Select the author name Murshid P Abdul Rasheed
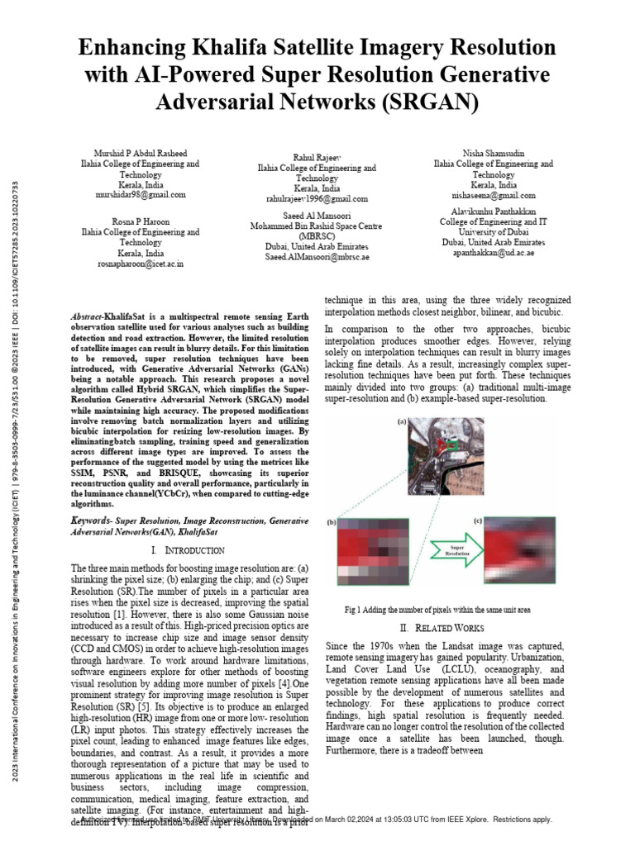click(140, 154)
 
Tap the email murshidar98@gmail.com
click(140, 195)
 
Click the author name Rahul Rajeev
click(317, 157)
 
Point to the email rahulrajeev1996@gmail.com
click(317, 199)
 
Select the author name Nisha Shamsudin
click(494, 154)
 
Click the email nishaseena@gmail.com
click(494, 195)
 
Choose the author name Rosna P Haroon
click(140, 221)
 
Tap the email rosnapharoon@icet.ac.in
click(140, 263)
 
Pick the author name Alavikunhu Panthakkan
click(494, 211)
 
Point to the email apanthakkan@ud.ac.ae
click(494, 253)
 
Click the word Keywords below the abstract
click(90, 521)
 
